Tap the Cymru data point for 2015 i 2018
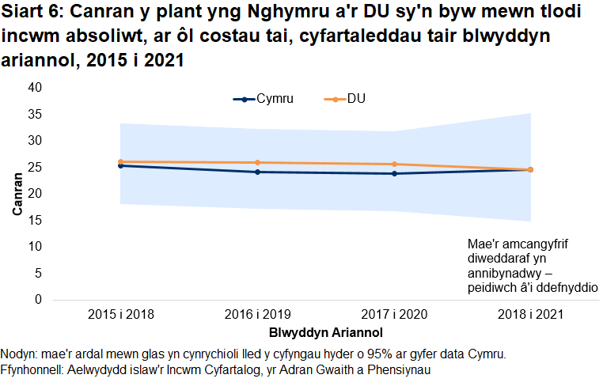tap(120, 165)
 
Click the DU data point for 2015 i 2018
tap(120, 161)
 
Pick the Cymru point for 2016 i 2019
tap(257, 172)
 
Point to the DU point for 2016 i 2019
tap(257, 162)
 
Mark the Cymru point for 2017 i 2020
tap(393, 173)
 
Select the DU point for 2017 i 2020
tap(393, 164)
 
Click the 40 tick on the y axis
tap(34, 87)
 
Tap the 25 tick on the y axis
tap(34, 167)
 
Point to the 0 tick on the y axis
tap(37, 300)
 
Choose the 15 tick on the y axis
tap(34, 220)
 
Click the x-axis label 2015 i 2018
tap(120, 314)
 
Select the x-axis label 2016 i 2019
tap(257, 314)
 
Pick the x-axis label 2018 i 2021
tap(530, 314)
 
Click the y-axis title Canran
tap(17, 194)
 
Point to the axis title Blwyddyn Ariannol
tap(325, 331)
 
